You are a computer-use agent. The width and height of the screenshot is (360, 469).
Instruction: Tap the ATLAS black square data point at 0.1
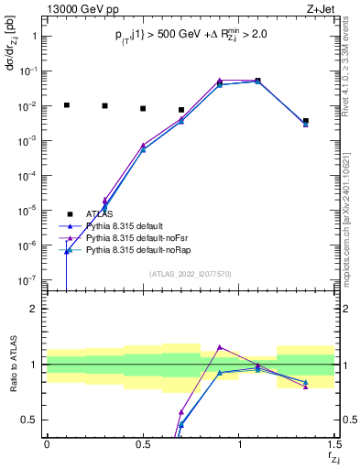pyautogui.click(x=66, y=105)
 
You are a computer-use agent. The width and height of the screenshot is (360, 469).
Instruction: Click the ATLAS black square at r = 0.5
pyautogui.click(x=143, y=108)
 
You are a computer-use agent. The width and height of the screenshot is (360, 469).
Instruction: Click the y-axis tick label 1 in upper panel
pyautogui.click(x=36, y=37)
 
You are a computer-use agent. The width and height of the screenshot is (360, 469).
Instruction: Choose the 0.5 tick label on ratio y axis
pyautogui.click(x=33, y=420)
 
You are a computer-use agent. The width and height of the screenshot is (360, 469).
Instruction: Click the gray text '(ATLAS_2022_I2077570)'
pyautogui.click(x=190, y=273)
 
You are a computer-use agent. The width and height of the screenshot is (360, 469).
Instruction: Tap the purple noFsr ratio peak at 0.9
pyautogui.click(x=220, y=347)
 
